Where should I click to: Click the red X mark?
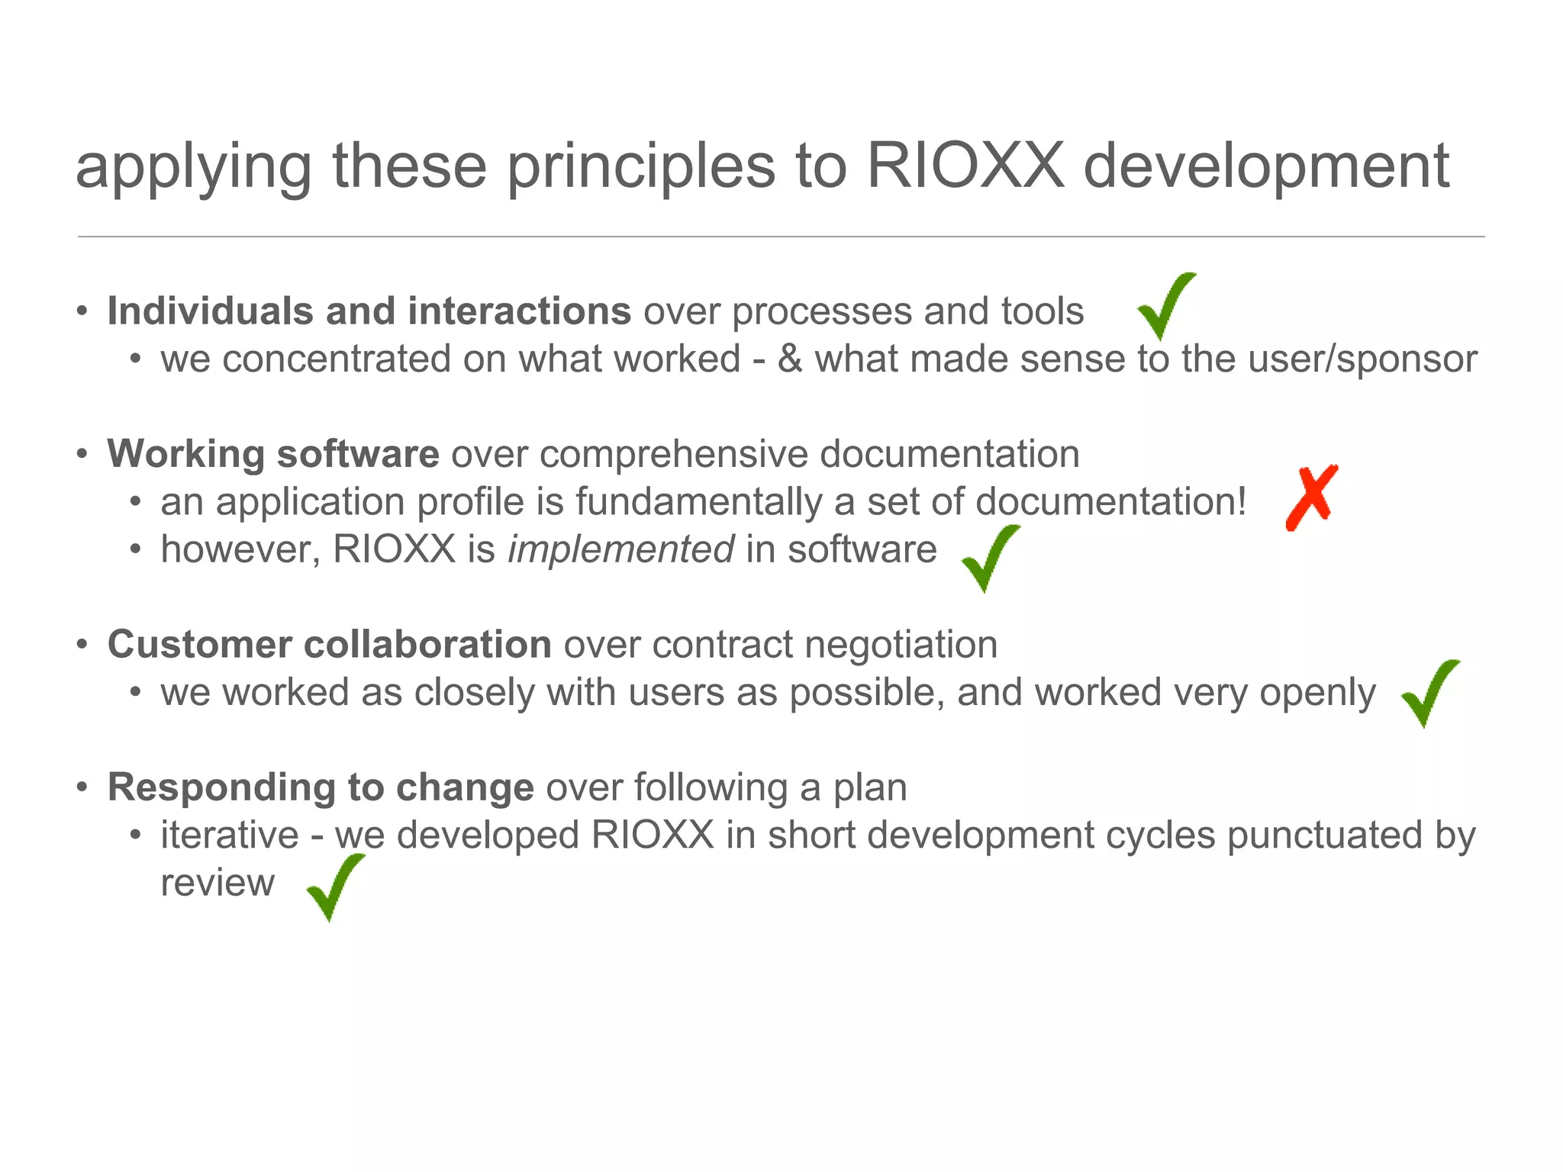pyautogui.click(x=1311, y=497)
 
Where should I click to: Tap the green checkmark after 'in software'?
pyautogui.click(x=989, y=559)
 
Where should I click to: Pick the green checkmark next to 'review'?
pyautogui.click(x=334, y=888)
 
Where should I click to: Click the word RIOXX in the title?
pyautogui.click(x=965, y=166)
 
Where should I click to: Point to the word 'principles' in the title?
pyautogui.click(x=640, y=168)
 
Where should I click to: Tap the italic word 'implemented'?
pyautogui.click(x=620, y=549)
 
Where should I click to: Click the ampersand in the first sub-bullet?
pyautogui.click(x=790, y=359)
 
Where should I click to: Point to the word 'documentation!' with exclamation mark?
pyautogui.click(x=1110, y=502)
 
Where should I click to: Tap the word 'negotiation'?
pyautogui.click(x=901, y=645)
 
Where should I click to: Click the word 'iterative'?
pyautogui.click(x=229, y=835)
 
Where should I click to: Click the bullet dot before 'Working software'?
pyautogui.click(x=82, y=455)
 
